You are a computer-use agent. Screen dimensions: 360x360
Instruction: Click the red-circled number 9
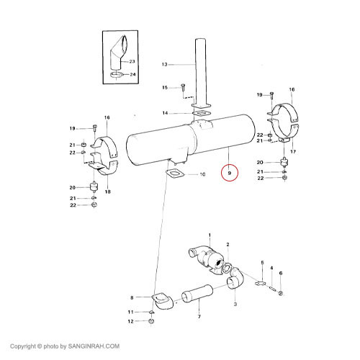pos(229,173)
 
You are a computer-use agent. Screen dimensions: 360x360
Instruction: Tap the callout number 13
pos(164,64)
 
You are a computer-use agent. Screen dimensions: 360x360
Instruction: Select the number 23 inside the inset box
pos(132,61)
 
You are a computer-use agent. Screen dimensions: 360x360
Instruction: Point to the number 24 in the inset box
pos(132,74)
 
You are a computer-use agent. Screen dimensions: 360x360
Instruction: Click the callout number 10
pos(202,174)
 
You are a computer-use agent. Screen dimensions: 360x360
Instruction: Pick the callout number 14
pos(165,113)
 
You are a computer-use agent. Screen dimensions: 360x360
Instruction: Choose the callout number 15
pos(165,87)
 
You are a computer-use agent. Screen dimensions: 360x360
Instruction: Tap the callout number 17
pos(293,151)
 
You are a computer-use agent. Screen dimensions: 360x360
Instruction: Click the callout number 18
pos(107,192)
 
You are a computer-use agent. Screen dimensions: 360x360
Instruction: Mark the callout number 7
pos(199,317)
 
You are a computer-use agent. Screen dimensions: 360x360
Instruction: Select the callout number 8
pos(132,298)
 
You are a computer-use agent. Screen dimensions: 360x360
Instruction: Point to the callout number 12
pos(130,321)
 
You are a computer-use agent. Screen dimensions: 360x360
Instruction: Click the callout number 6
pos(281,273)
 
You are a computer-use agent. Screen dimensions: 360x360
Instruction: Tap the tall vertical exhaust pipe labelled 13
pos(201,72)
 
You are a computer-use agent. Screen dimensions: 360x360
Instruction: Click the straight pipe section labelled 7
pos(197,293)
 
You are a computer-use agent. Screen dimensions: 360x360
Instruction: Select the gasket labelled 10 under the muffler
pos(175,174)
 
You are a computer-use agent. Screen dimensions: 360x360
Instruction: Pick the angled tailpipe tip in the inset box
pos(119,53)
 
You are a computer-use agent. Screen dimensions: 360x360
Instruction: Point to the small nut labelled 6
pos(281,293)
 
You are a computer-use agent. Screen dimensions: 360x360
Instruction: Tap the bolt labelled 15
pos(183,87)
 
